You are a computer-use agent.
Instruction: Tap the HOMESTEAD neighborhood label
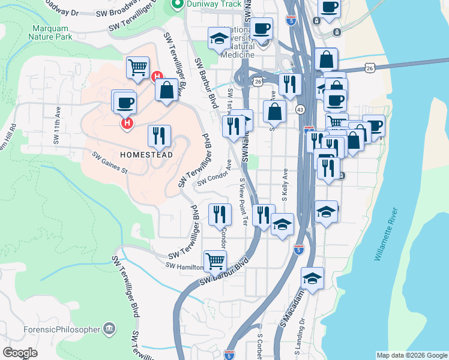coord(146,155)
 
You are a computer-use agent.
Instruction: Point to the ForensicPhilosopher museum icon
coord(109,328)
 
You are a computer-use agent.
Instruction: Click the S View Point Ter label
coord(243,202)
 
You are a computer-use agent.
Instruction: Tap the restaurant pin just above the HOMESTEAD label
coord(159,135)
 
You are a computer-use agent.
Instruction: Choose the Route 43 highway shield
coord(300,109)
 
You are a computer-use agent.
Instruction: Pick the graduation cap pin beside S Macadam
coord(313,278)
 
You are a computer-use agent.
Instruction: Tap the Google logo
coord(20,353)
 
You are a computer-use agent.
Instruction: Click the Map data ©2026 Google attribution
coord(411,355)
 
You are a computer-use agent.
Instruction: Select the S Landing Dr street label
coord(302,328)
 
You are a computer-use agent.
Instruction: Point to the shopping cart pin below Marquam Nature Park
coord(137,67)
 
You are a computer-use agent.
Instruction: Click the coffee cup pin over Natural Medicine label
coord(261,28)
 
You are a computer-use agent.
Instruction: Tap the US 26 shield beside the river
coord(369,69)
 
